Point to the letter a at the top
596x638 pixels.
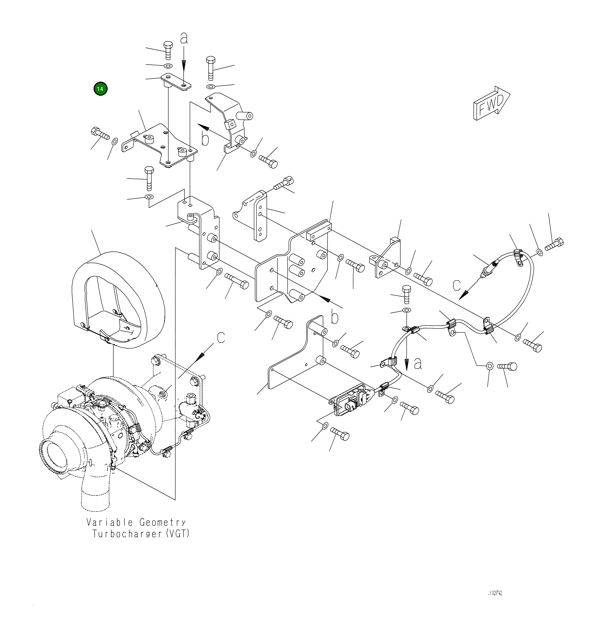[x=184, y=39]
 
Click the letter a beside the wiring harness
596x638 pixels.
[x=418, y=364]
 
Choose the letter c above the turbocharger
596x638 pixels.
[x=221, y=337]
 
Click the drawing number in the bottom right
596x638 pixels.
[x=495, y=593]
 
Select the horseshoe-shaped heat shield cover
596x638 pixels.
[x=117, y=300]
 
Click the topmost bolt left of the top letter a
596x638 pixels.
[x=168, y=50]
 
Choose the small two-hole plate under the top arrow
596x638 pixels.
[x=176, y=81]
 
